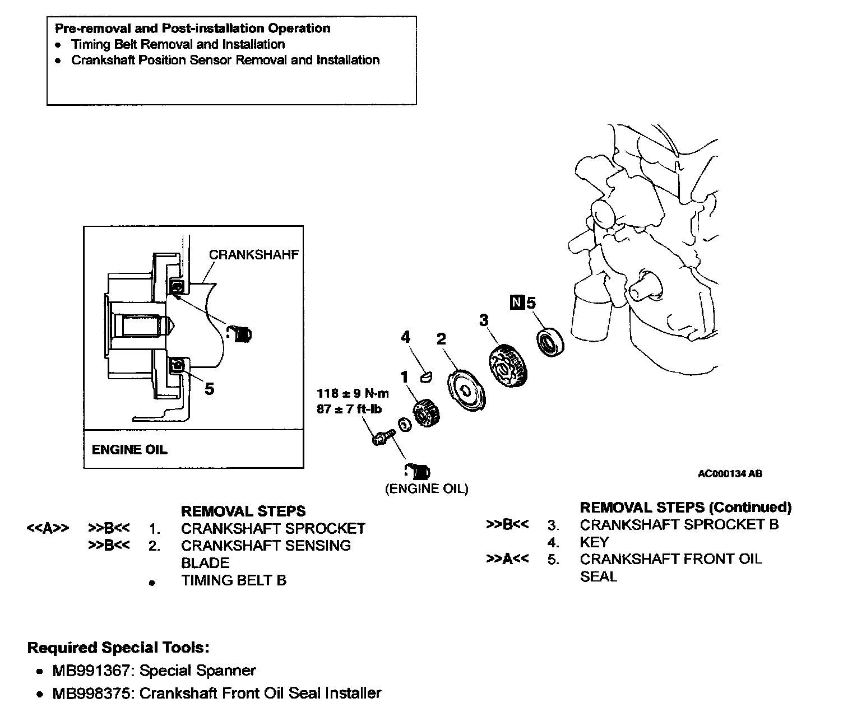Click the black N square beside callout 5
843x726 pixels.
click(x=516, y=303)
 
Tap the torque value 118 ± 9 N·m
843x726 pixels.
click(x=353, y=393)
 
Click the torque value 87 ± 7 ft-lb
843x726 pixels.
click(x=349, y=409)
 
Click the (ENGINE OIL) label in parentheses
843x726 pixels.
click(x=427, y=488)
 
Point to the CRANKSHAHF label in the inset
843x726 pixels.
click(x=253, y=254)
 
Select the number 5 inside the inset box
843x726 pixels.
click(x=209, y=388)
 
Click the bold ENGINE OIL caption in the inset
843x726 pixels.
click(x=129, y=449)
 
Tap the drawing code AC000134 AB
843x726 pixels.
click(x=729, y=473)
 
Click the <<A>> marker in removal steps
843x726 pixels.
click(x=48, y=528)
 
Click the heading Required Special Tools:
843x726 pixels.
click(x=118, y=648)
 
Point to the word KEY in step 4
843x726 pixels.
click(x=594, y=542)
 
